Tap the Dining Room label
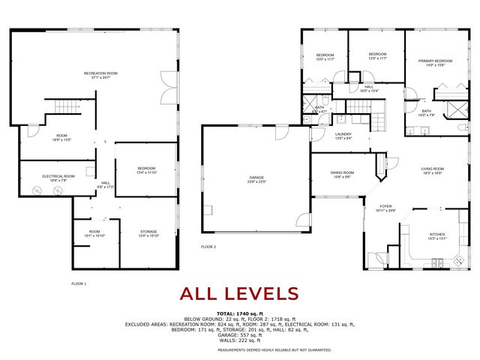[x=342, y=174]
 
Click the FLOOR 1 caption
[x=79, y=283]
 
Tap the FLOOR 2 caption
[x=208, y=247]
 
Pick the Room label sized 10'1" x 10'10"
[x=94, y=233]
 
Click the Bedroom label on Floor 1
[x=146, y=169]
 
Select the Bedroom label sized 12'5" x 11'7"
[x=377, y=55]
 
